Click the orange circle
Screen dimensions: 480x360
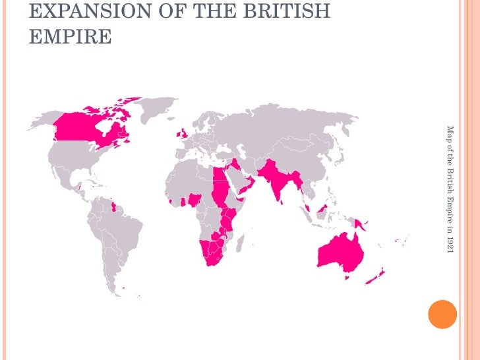coord(442,315)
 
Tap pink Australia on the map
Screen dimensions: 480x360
coord(338,251)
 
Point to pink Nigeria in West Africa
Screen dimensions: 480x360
coord(195,199)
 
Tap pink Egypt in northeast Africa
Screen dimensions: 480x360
coord(220,177)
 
